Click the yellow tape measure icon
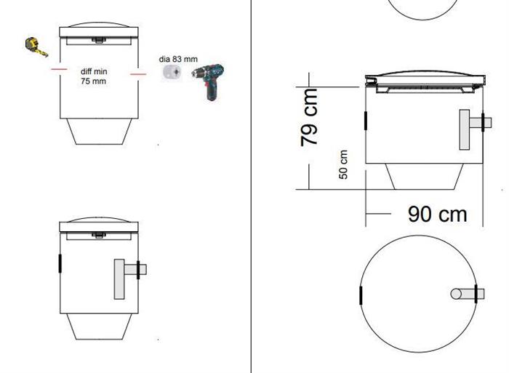click(36, 47)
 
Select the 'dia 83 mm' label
click(178, 59)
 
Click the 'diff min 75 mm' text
click(94, 76)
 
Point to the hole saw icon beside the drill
click(172, 72)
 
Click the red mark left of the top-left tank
click(59, 69)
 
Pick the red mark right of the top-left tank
click(138, 74)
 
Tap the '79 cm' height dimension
click(309, 117)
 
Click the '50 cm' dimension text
click(343, 164)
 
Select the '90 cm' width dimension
click(437, 214)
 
